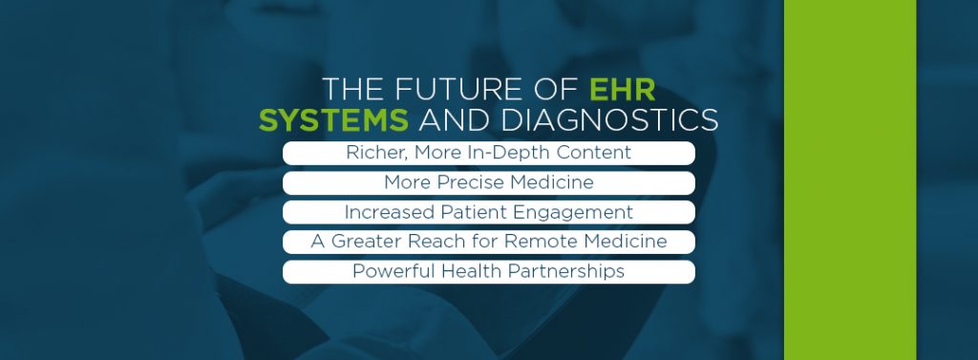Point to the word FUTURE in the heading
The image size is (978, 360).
449,89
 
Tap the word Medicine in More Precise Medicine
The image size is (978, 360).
553,182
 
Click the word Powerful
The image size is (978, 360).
393,271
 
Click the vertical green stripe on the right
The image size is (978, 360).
850,180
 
